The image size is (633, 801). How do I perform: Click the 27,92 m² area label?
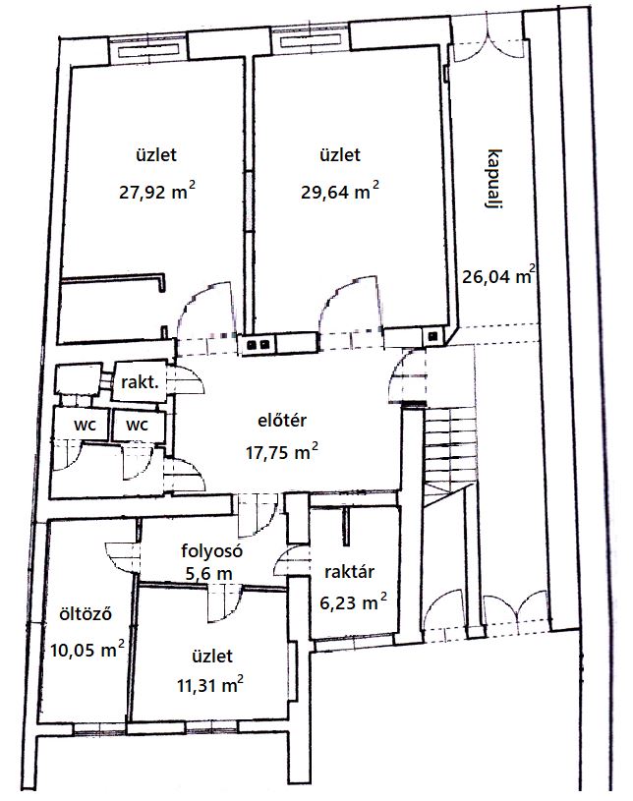point(157,192)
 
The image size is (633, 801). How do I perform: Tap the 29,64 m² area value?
point(340,191)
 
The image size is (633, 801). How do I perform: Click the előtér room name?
point(282,421)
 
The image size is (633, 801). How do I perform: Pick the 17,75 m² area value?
point(282,451)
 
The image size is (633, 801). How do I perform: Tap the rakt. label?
point(140,381)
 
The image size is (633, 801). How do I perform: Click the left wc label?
point(85,425)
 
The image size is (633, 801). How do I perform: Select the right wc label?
point(137,425)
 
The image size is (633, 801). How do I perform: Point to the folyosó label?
point(211,550)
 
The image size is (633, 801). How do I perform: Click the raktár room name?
point(349,572)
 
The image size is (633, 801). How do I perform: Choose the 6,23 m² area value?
point(353,602)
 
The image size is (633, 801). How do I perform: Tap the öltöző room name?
point(86,613)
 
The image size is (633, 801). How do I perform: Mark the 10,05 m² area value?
point(87,650)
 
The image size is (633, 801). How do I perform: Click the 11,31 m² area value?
point(210,685)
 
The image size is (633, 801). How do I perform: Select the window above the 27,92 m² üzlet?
point(148,50)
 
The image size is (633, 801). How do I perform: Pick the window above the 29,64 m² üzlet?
point(312,42)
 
